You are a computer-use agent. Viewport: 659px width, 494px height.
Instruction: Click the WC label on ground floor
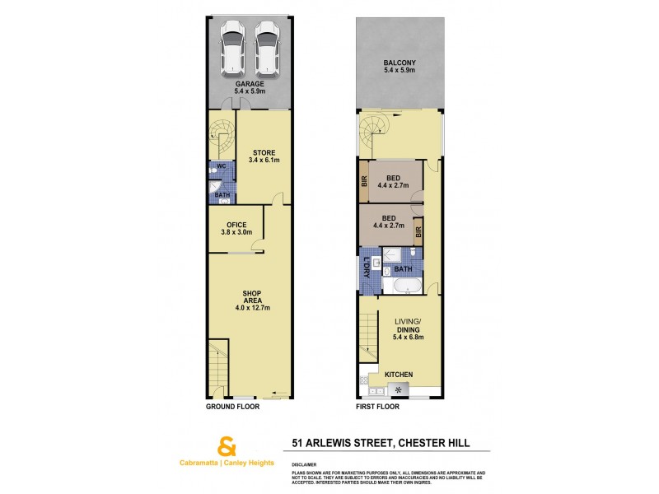222,166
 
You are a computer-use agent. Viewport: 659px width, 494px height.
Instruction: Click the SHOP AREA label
252,300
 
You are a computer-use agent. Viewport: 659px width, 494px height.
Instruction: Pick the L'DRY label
367,268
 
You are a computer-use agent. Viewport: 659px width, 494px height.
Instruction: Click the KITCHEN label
400,375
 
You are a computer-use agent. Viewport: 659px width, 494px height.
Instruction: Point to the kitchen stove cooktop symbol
402,389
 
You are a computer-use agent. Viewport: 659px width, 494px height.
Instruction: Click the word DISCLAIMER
305,464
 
